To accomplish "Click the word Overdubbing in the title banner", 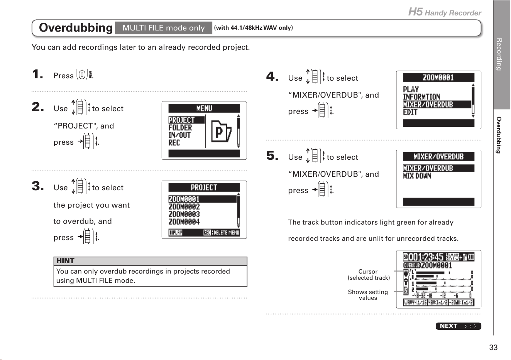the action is point(76,28).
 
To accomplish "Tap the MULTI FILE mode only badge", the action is point(164,28).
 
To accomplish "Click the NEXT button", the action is point(458,326).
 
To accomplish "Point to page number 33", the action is point(493,347).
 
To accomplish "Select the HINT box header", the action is point(151,261).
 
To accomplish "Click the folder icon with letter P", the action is point(221,131).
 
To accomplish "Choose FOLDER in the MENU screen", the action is point(180,128).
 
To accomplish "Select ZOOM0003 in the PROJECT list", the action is point(184,214).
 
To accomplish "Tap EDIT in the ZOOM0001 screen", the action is point(410,112).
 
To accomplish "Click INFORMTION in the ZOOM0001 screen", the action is point(421,97).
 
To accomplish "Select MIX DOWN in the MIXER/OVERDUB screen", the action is point(417,176).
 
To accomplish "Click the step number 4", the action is point(272,76).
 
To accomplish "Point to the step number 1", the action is point(38,74).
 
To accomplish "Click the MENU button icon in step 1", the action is point(85,74).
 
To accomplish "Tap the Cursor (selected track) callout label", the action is point(369,275).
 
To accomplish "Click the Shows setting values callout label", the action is point(368,295).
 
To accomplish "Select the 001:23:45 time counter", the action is point(426,257).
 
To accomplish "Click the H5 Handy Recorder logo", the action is point(445,12).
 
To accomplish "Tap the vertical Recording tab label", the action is point(499,54).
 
